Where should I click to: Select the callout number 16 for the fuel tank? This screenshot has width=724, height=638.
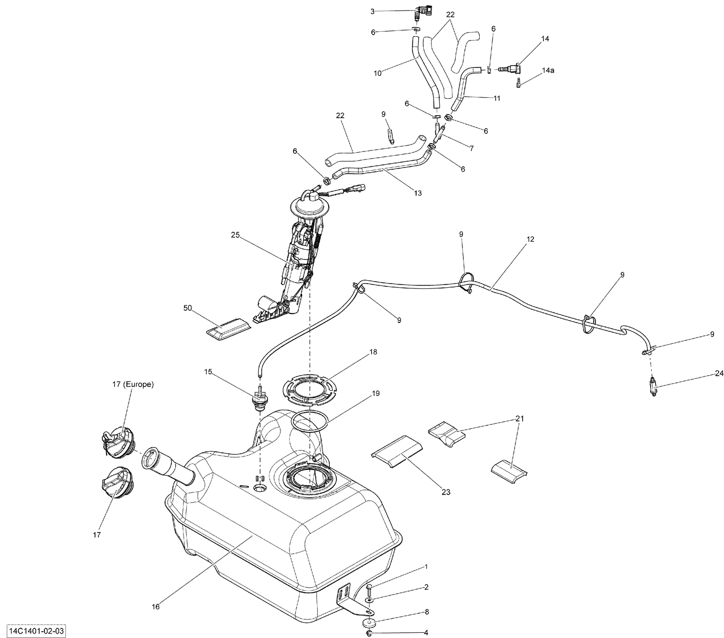coord(156,607)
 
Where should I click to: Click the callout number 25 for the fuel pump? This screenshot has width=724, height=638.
coord(235,235)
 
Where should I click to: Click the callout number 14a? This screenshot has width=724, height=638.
coord(548,70)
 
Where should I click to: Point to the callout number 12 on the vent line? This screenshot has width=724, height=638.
coord(530,239)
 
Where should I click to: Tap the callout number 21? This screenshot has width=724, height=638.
coord(519,419)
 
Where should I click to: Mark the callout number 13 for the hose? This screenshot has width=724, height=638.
coord(418,193)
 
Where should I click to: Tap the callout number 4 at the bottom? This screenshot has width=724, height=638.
coord(426,633)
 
